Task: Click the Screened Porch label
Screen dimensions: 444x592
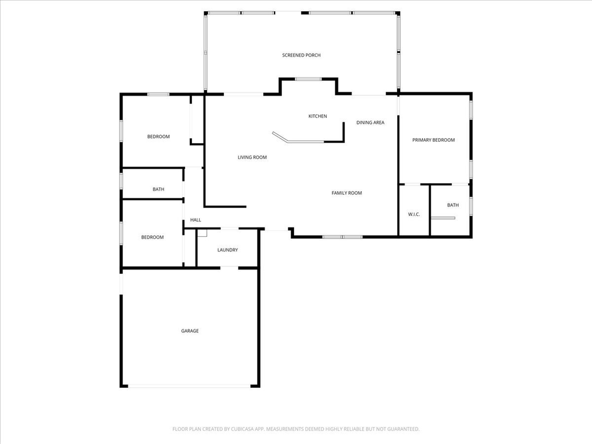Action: (x=301, y=55)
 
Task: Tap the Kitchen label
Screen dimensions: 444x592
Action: (x=318, y=117)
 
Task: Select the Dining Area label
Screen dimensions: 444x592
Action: (x=370, y=123)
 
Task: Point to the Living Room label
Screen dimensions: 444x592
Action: (x=252, y=157)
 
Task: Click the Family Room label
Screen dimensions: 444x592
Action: (x=347, y=193)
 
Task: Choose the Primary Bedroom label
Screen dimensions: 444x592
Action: (x=433, y=140)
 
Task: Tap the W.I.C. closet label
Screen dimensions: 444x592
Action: (x=414, y=214)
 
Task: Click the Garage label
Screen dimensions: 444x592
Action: (x=189, y=331)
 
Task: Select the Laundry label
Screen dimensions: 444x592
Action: (x=228, y=250)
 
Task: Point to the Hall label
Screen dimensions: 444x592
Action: (x=195, y=220)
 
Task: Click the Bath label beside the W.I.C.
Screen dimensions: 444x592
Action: (x=453, y=205)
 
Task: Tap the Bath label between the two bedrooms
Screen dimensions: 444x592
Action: (x=158, y=189)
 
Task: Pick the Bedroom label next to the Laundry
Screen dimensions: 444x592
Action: (x=152, y=237)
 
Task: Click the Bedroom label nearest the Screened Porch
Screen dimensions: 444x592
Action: (x=158, y=136)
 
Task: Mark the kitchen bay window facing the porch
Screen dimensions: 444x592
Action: (x=308, y=79)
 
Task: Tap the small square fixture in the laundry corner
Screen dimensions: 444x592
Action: (x=202, y=233)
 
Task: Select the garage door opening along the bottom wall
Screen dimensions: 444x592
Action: (x=189, y=386)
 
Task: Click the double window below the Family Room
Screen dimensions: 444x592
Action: (x=342, y=237)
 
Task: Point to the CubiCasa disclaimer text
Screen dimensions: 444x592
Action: (x=296, y=429)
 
